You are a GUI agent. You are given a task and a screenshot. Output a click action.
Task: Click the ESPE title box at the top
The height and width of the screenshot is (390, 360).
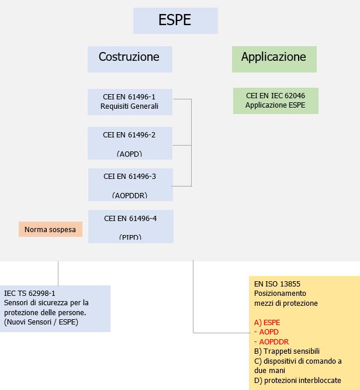click(175, 20)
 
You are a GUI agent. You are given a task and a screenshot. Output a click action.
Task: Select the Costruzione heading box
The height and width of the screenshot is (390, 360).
click(129, 58)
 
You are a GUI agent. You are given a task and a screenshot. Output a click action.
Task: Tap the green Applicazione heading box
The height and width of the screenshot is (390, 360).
click(274, 58)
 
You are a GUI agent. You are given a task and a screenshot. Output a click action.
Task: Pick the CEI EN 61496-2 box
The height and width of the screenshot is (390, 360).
click(130, 143)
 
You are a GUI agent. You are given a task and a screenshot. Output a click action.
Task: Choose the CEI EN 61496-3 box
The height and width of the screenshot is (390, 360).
click(130, 185)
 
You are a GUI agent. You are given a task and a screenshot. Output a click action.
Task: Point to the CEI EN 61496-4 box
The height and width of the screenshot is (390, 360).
click(130, 226)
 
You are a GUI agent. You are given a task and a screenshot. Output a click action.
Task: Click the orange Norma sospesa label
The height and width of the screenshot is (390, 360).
click(50, 230)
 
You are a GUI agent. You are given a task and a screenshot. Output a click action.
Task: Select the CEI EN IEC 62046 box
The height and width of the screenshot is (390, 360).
click(275, 101)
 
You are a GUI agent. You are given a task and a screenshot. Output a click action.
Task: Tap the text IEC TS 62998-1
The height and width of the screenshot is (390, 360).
click(30, 293)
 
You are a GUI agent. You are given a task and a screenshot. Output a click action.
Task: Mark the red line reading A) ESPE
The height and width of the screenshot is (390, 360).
click(267, 322)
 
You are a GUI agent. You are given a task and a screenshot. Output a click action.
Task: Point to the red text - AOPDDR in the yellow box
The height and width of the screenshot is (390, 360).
click(271, 341)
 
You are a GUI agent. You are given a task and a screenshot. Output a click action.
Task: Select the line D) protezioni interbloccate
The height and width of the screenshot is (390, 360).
click(297, 381)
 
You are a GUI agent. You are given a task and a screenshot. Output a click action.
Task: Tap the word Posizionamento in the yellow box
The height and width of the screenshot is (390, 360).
click(280, 294)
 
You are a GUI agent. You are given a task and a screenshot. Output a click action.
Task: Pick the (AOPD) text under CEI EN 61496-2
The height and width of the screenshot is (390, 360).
click(129, 154)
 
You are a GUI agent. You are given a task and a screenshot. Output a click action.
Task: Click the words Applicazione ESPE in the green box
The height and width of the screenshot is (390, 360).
click(275, 105)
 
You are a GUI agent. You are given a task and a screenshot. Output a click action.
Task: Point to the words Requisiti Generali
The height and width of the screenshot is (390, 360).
click(129, 106)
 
